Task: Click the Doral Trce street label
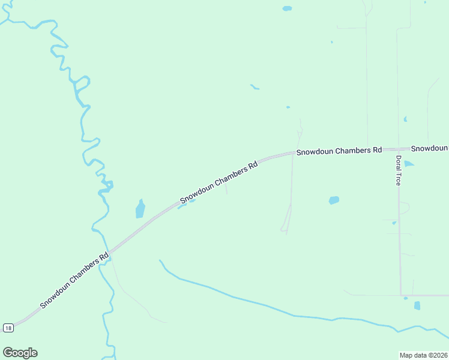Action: pyautogui.click(x=397, y=170)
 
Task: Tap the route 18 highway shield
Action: pyautogui.click(x=7, y=328)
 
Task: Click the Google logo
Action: pyautogui.click(x=20, y=353)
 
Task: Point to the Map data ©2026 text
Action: pyautogui.click(x=423, y=355)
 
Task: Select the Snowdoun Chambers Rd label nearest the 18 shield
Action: pyautogui.click(x=75, y=281)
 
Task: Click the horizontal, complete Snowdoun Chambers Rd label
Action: pyautogui.click(x=339, y=151)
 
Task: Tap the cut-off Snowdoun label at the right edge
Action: pyautogui.click(x=430, y=148)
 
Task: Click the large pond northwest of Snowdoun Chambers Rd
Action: pyautogui.click(x=140, y=209)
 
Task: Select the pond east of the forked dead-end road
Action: pyautogui.click(x=334, y=200)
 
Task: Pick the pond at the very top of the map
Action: pyautogui.click(x=287, y=8)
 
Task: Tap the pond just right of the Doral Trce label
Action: pyautogui.click(x=409, y=164)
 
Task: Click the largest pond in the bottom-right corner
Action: pyautogui.click(x=417, y=305)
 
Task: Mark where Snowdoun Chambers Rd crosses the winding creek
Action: pyautogui.click(x=109, y=253)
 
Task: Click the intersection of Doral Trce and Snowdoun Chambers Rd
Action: pyautogui.click(x=397, y=148)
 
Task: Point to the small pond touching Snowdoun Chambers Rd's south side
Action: pyautogui.click(x=182, y=206)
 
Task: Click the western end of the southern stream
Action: pyautogui.click(x=160, y=260)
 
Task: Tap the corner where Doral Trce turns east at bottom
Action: pyautogui.click(x=400, y=295)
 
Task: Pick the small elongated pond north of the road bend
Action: pyautogui.click(x=255, y=88)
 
